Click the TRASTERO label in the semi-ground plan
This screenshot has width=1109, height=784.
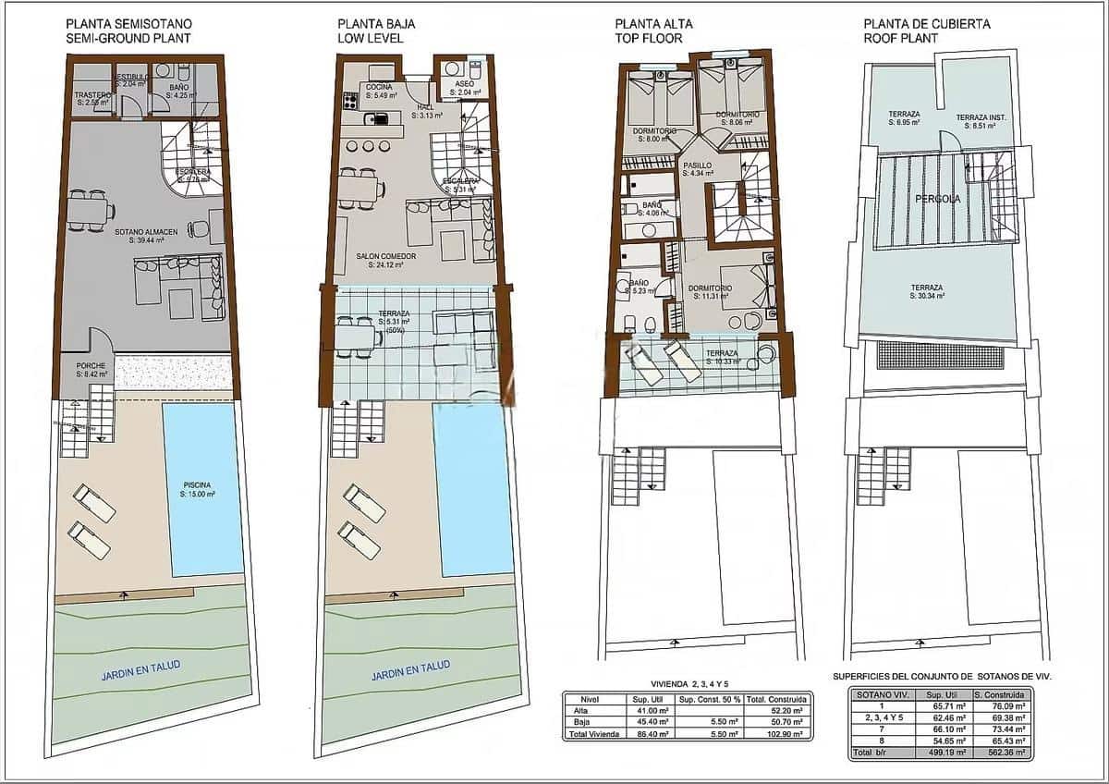click(92, 97)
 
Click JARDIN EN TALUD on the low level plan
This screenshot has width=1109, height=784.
click(410, 665)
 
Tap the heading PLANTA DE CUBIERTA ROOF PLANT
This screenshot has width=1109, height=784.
click(914, 31)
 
